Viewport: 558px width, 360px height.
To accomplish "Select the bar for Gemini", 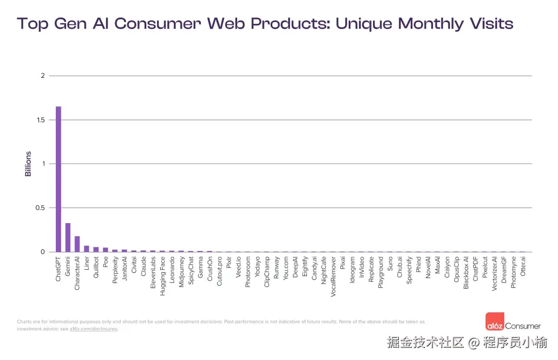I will (68, 238).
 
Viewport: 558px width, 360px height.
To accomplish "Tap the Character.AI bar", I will (77, 244).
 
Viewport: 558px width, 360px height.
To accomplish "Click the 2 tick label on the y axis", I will (43, 76).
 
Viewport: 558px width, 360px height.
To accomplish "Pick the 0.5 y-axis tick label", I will (40, 208).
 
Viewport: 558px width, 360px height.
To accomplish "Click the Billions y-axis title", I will (28, 164).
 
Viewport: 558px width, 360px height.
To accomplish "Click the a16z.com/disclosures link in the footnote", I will (94, 329).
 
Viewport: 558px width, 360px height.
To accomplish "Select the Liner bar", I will (87, 248).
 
